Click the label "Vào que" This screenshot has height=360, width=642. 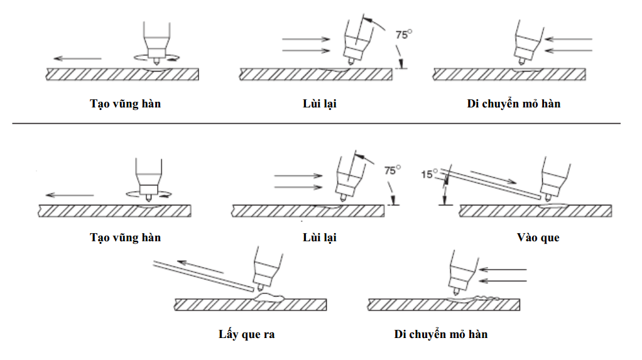coord(538,237)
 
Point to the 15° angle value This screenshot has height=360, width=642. coord(429,174)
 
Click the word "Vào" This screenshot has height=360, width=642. coord(527,237)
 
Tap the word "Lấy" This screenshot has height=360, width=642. coord(223,334)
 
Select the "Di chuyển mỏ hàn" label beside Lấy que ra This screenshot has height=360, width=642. coord(441,334)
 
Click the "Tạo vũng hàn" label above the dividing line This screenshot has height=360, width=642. coord(125,104)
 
